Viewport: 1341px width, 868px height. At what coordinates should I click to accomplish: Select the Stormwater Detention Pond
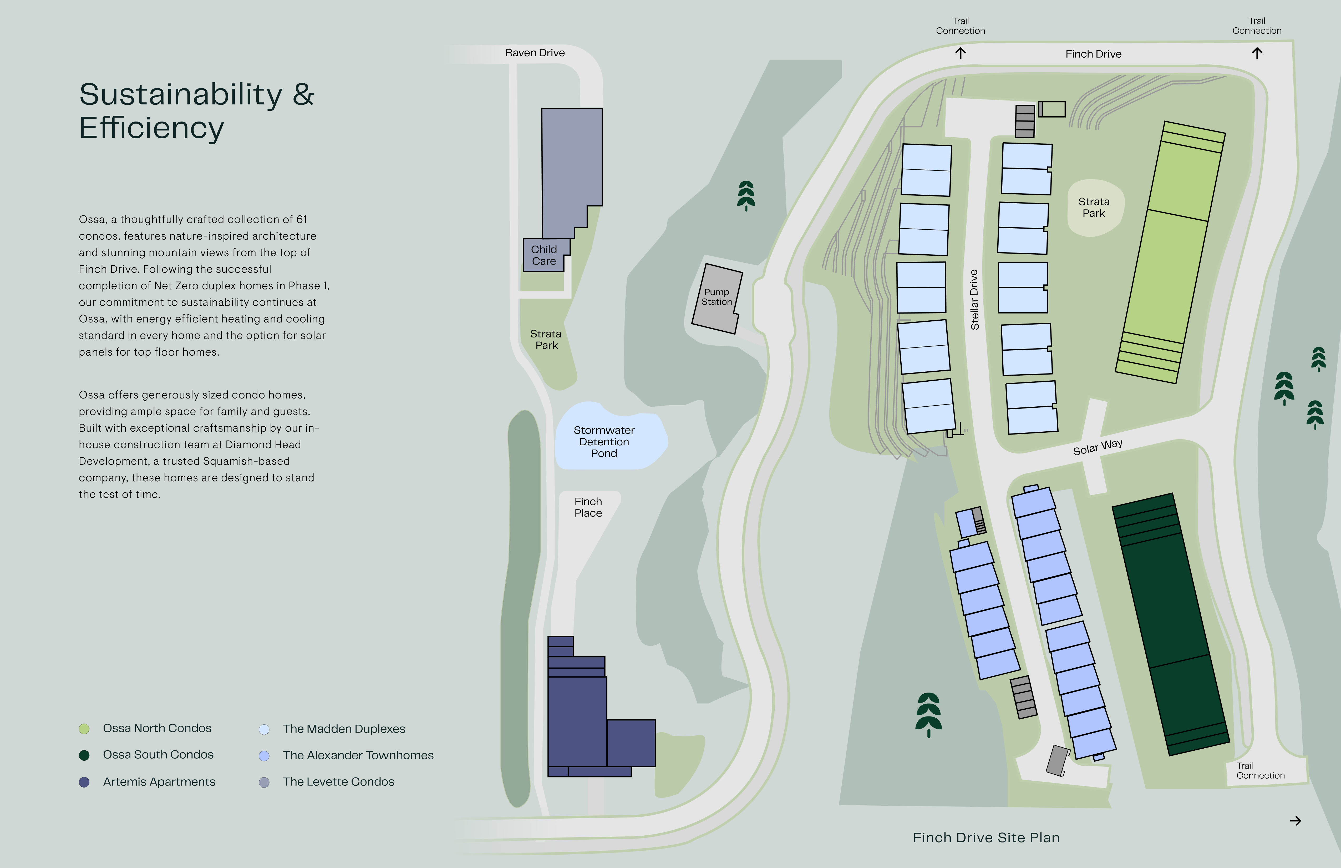604,441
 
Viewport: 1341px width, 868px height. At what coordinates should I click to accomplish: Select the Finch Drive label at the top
1093,54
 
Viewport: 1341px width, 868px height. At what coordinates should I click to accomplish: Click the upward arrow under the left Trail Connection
961,54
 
